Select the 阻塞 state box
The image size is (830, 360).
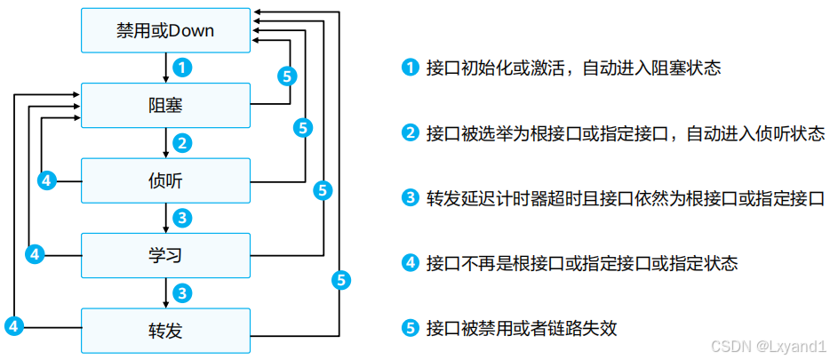click(165, 106)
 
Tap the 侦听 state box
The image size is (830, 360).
click(165, 180)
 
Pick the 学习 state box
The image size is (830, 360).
click(165, 256)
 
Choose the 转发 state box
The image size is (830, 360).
click(165, 331)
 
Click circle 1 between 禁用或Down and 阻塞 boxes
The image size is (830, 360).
click(181, 68)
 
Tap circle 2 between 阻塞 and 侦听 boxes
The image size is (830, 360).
click(181, 142)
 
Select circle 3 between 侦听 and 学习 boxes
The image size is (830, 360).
click(181, 218)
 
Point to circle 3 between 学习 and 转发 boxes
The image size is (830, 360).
click(181, 292)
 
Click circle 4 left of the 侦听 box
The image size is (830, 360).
click(48, 180)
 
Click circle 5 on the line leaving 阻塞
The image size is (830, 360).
click(285, 76)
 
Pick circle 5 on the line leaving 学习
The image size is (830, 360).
click(323, 189)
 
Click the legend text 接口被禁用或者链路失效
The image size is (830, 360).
click(522, 328)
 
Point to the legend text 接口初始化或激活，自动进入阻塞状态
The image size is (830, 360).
click(573, 68)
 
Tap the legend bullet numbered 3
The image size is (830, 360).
click(410, 198)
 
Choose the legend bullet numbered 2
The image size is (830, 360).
click(410, 133)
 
